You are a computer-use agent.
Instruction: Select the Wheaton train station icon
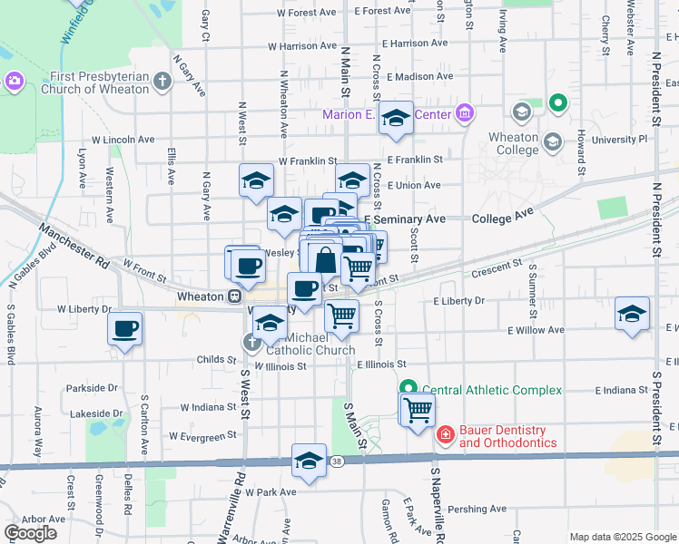tap(235, 296)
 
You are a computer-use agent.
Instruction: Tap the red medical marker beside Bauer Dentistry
tap(446, 436)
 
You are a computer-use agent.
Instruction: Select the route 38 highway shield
tap(338, 462)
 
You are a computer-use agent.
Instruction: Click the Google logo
tap(30, 533)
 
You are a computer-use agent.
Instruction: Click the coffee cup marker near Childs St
tap(125, 327)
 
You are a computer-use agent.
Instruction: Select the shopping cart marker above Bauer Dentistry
tap(418, 409)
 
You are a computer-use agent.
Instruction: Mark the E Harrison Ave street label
tap(416, 43)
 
